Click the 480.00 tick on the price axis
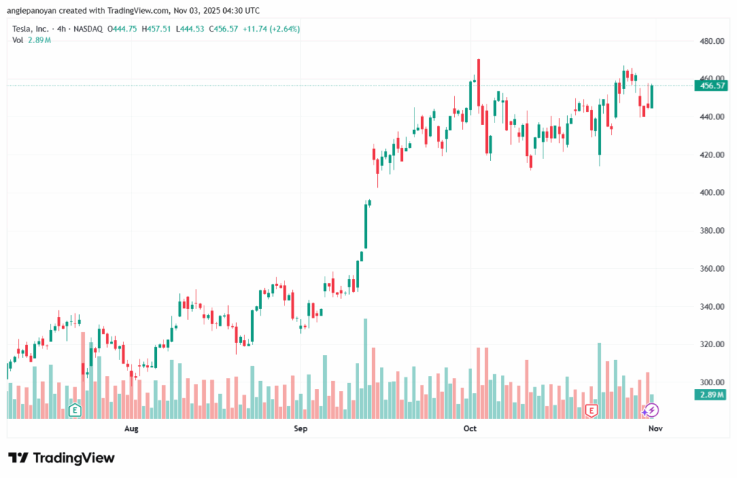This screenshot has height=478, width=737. click(x=711, y=41)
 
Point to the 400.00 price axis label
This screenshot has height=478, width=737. click(x=711, y=193)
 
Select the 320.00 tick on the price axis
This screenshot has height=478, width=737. click(x=711, y=344)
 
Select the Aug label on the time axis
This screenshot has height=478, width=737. click(x=131, y=429)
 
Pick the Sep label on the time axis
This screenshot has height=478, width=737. click(x=300, y=429)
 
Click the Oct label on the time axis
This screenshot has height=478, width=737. click(x=470, y=429)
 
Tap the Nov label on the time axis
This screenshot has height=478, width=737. click(x=654, y=429)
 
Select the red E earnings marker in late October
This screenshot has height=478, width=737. click(x=592, y=410)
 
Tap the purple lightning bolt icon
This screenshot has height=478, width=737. click(x=651, y=410)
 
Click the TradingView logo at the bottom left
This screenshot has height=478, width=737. click(x=61, y=458)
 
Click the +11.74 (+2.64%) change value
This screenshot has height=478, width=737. click(x=273, y=29)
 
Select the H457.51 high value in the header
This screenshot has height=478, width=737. click(x=155, y=29)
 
